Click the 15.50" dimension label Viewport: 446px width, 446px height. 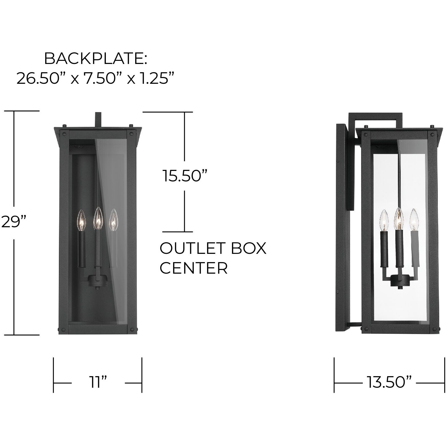(185, 176)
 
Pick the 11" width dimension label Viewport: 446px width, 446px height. (98, 383)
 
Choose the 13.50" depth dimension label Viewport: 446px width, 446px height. (389, 383)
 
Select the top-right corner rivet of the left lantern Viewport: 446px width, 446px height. (131, 133)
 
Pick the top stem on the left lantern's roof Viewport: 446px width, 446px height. (98, 119)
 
